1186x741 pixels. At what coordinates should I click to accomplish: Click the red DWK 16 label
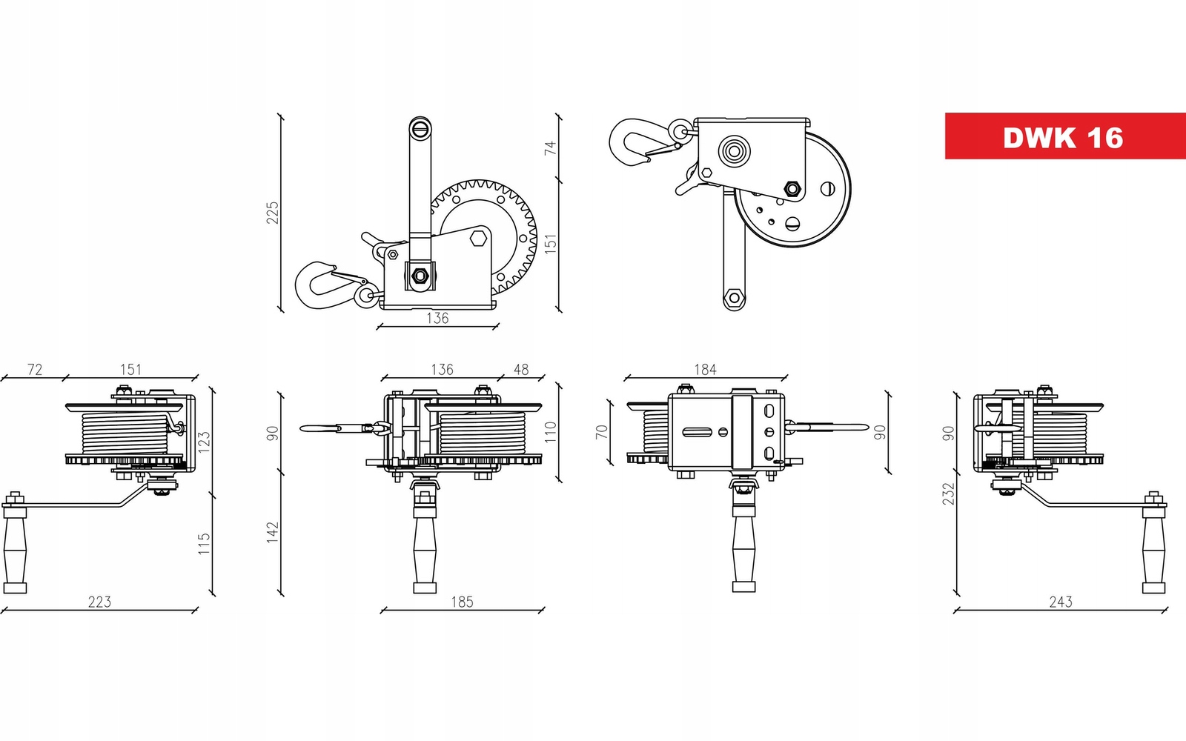point(1064,136)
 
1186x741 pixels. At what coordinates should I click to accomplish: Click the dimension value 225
point(273,213)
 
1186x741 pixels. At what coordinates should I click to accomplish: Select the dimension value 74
point(550,147)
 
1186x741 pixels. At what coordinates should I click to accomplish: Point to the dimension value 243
point(1060,602)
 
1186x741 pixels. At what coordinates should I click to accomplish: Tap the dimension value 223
point(99,602)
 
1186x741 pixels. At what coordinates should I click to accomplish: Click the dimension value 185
point(462,602)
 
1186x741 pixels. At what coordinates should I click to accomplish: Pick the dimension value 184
point(705,369)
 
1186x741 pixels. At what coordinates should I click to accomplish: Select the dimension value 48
point(521,369)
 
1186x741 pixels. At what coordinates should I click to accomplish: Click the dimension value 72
point(35,369)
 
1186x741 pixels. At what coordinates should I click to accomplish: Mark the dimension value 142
point(273,532)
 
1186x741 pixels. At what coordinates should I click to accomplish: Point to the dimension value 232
point(948,494)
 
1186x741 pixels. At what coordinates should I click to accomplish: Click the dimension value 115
point(204,544)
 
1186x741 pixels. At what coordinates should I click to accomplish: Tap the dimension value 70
point(602,431)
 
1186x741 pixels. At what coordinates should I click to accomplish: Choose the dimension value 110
point(550,432)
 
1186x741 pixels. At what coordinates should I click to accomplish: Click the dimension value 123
point(204,442)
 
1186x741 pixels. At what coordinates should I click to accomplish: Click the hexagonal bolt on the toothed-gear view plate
point(478,239)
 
